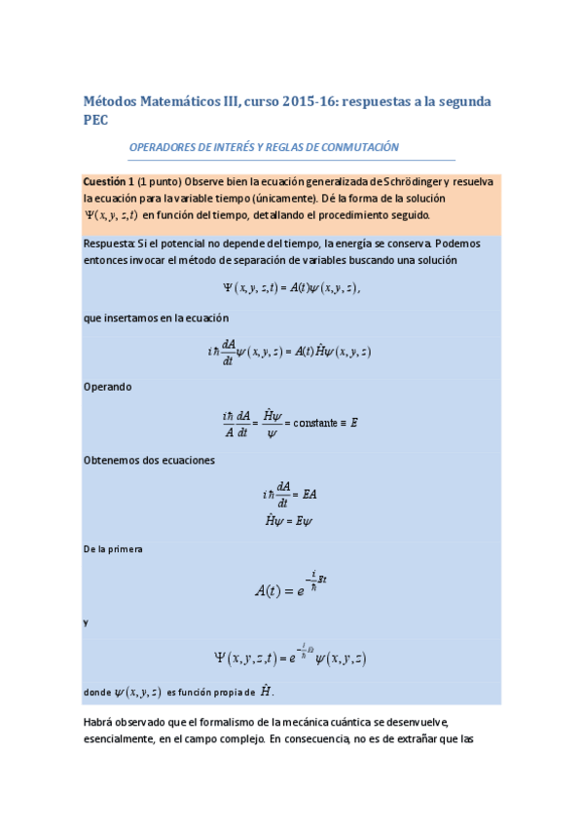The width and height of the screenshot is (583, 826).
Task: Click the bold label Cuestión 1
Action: click(108, 182)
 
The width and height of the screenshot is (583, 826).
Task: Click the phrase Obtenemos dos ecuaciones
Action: click(143, 461)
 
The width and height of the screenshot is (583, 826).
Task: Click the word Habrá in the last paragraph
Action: click(100, 722)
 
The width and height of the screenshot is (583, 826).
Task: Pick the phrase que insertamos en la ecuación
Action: click(156, 318)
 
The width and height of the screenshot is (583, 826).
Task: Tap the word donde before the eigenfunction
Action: click(97, 693)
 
